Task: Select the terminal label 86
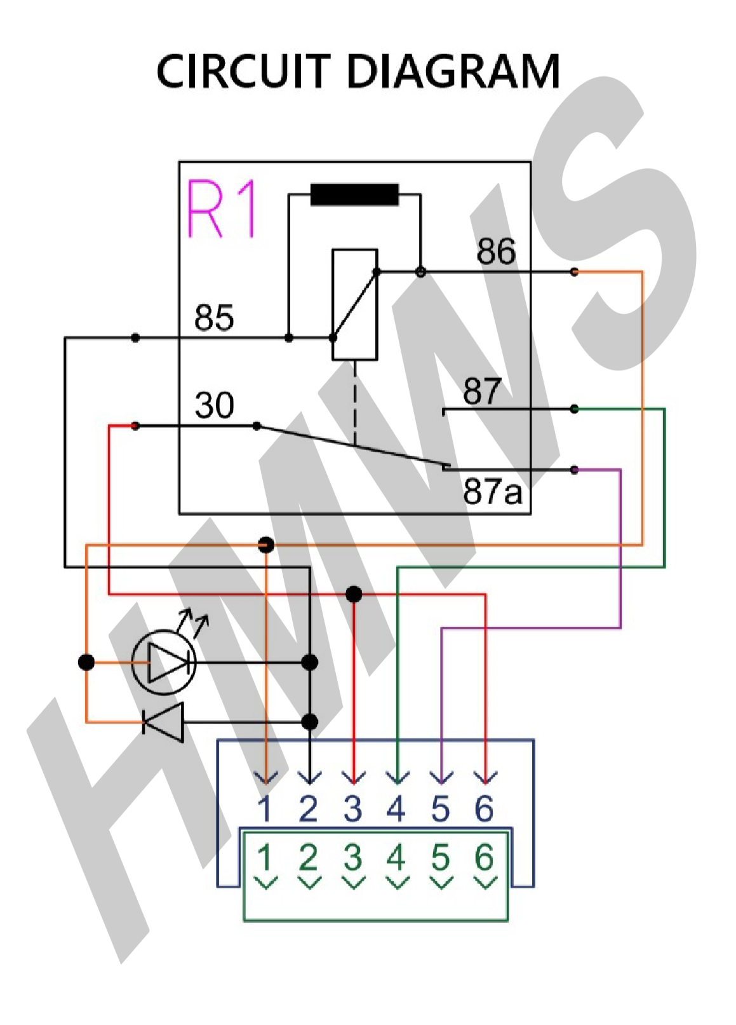(x=496, y=252)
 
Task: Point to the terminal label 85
(x=214, y=317)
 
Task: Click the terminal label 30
(x=214, y=405)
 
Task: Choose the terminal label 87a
(x=492, y=491)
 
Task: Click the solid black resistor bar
(x=354, y=195)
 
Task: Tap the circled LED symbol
(x=164, y=662)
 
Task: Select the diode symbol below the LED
(x=164, y=722)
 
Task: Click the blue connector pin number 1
(x=265, y=808)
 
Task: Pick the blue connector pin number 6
(x=485, y=808)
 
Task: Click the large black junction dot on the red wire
(x=354, y=594)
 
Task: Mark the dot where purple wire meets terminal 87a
(x=574, y=470)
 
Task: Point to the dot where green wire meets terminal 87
(x=574, y=409)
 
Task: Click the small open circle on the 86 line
(x=420, y=272)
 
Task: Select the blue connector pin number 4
(x=396, y=808)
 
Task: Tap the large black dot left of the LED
(x=86, y=662)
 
